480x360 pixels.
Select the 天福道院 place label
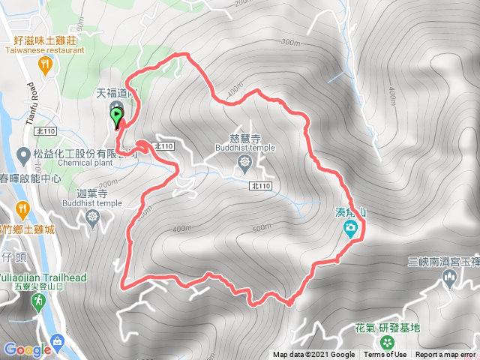click(x=117, y=94)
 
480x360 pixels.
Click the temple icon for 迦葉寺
click(x=93, y=218)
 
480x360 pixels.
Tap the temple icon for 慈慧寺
click(x=244, y=162)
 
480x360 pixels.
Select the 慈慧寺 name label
click(x=244, y=139)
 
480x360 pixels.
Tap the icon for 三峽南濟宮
click(x=449, y=279)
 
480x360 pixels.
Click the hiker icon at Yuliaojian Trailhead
click(x=37, y=301)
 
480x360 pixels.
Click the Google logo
click(x=26, y=349)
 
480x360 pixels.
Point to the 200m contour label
click(x=108, y=184)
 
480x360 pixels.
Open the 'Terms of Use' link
click(x=385, y=355)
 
